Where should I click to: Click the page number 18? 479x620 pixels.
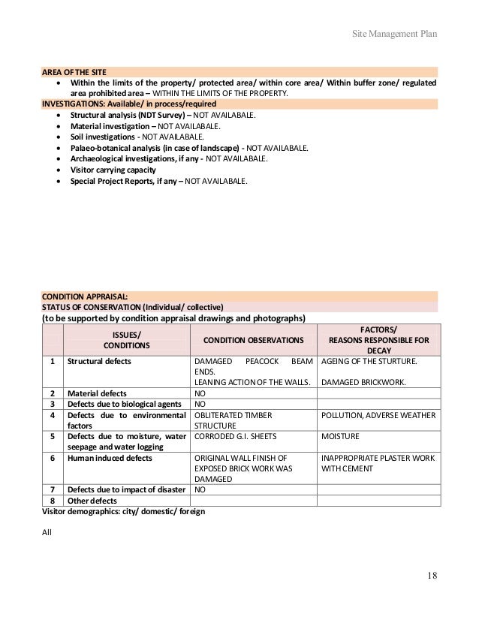tap(432, 576)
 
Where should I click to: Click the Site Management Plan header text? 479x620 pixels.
tap(394, 35)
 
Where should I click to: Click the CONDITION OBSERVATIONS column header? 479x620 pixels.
tap(253, 340)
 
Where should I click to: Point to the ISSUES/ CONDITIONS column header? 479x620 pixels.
tap(126, 339)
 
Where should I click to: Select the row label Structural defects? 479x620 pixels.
tap(99, 361)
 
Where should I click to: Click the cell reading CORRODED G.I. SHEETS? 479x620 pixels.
tap(235, 436)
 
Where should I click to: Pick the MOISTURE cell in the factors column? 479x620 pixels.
tap(340, 436)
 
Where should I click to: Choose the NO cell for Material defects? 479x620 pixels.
tap(200, 393)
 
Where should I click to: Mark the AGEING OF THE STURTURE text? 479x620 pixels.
tap(369, 361)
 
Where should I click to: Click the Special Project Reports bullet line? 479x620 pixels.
tap(158, 182)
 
